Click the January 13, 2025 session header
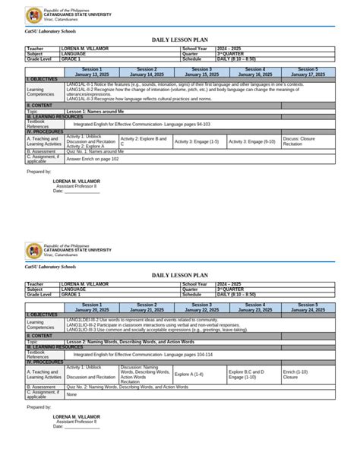coord(92,72)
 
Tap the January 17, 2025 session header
coord(308,72)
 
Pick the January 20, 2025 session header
coord(92,308)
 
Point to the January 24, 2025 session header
coord(308,308)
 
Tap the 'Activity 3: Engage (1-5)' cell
coord(197,141)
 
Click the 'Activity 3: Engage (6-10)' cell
coord(251,141)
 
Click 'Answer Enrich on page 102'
coord(93,159)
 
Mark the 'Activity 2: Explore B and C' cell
coord(144,141)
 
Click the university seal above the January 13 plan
coord(33,15)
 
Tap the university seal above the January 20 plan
coord(33,251)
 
